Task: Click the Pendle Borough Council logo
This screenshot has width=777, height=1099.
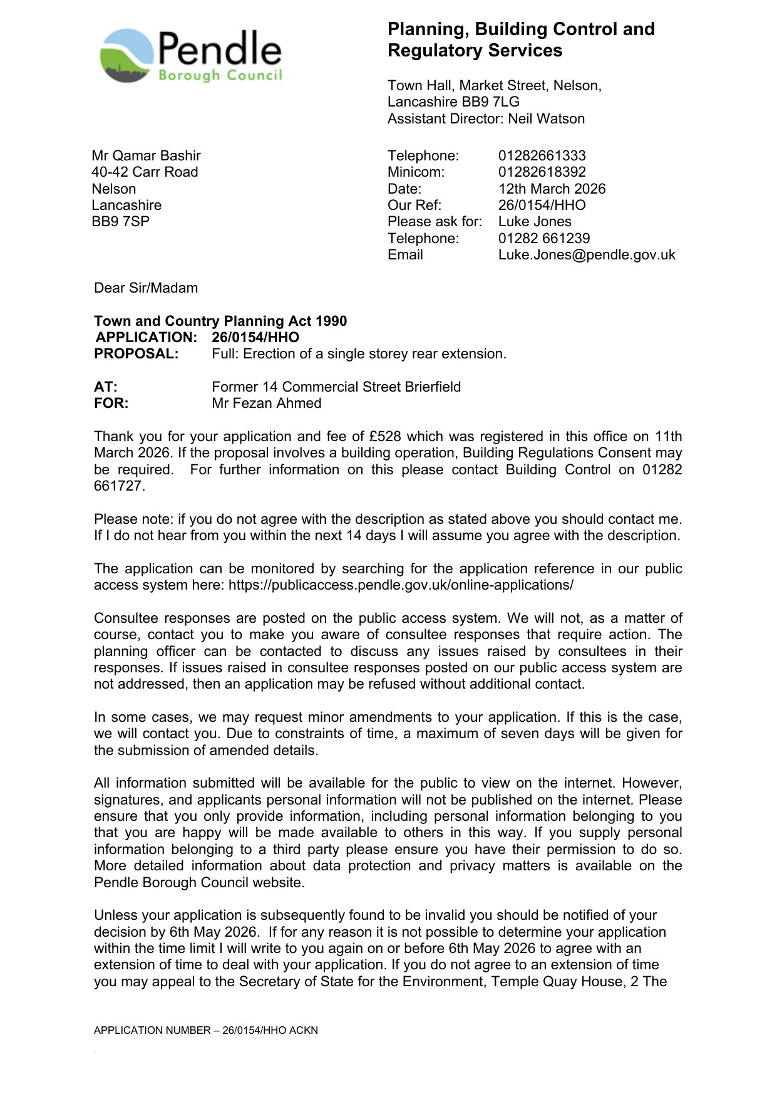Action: [191, 55]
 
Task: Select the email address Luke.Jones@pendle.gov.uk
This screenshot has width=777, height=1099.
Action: [587, 255]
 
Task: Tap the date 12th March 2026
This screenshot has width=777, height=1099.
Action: [552, 189]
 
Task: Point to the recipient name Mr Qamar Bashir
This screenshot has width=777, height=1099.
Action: [146, 155]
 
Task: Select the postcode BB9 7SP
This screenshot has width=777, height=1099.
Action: [120, 222]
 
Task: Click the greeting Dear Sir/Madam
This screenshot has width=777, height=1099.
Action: [146, 288]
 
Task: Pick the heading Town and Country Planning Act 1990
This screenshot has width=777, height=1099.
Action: [220, 321]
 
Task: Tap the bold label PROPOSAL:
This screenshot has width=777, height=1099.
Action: [136, 354]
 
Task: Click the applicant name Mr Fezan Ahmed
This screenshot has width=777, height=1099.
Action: [266, 404]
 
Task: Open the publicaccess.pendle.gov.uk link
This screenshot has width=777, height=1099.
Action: [401, 585]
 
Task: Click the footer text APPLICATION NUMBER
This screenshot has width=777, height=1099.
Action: [205, 1030]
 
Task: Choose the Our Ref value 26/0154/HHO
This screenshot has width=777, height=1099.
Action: [542, 206]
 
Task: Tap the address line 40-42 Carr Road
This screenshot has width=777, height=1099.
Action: [145, 172]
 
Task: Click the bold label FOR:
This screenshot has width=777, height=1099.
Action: [111, 404]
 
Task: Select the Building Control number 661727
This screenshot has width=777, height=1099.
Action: [119, 486]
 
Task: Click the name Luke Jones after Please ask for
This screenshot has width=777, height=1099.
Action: [535, 222]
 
